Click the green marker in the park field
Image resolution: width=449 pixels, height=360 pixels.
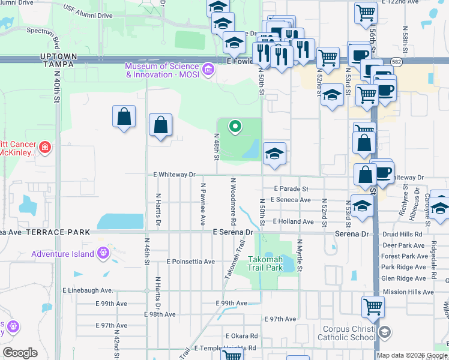pos(235,126)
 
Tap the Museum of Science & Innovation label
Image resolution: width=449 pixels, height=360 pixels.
pos(162,70)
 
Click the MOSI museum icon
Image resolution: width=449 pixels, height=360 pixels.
pos(208,70)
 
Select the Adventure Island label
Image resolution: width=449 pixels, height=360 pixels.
pos(63,254)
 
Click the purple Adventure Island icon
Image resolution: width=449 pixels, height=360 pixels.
pos(104,253)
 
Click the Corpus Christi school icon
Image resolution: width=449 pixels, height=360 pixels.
pos(387,332)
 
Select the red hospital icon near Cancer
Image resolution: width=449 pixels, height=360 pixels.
pos(44,147)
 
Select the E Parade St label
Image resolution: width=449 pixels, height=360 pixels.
pos(291,188)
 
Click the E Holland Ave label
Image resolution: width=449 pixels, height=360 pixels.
pos(293,221)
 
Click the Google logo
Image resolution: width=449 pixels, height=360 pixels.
pos(20,353)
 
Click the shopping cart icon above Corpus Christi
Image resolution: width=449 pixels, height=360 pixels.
pos(373,307)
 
